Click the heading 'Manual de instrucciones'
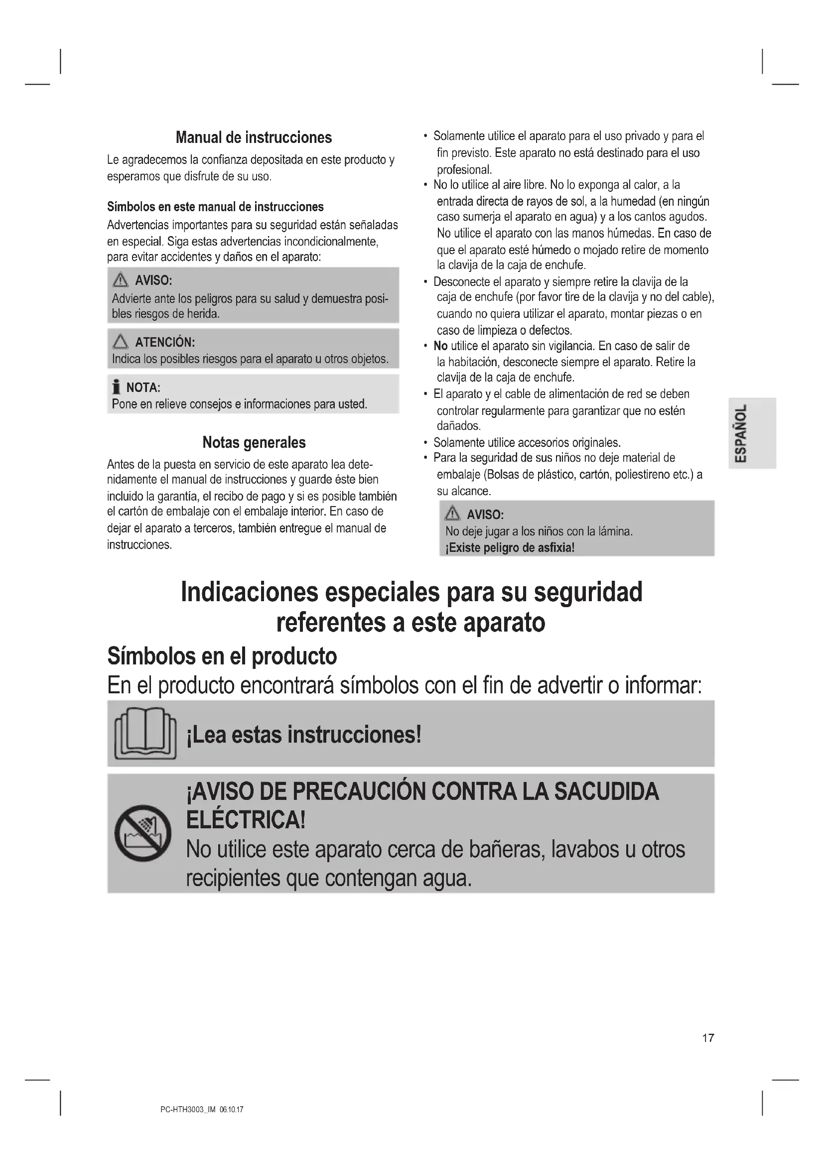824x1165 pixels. [x=254, y=137]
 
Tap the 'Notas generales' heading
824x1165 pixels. [x=254, y=442]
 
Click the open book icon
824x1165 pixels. [x=145, y=734]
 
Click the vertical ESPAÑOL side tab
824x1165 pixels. [x=752, y=433]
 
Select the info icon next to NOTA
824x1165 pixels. [x=116, y=388]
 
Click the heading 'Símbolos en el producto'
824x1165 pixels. [x=222, y=656]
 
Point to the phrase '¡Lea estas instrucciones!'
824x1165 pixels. [x=304, y=734]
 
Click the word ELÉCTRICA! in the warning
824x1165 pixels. [x=246, y=819]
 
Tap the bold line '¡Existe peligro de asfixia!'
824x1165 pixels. [x=510, y=548]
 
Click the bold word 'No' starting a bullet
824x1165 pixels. [x=440, y=346]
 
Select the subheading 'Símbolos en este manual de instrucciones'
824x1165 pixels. [x=215, y=207]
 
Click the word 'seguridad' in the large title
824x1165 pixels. [x=588, y=592]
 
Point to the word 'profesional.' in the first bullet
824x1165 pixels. [x=464, y=169]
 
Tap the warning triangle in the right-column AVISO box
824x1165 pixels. [x=451, y=515]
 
